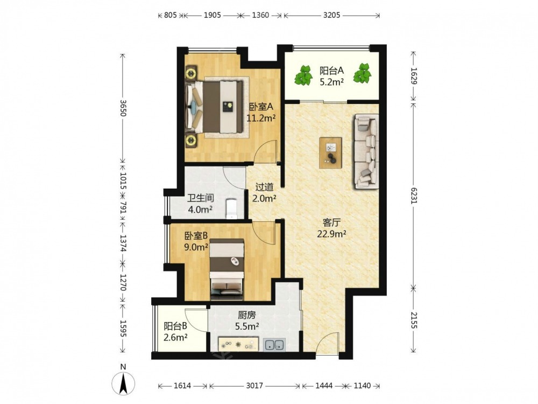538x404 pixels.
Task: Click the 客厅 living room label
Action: point(331,222)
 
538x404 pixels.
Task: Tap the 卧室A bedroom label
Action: point(261,107)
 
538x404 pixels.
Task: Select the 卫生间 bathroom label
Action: point(201,198)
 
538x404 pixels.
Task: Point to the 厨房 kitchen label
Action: point(247,315)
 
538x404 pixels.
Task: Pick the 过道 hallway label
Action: point(265,187)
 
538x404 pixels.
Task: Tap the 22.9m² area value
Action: point(331,234)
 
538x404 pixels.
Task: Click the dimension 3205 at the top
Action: point(332,15)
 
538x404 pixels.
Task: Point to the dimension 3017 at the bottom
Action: point(254,386)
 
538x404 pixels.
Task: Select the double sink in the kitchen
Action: point(274,345)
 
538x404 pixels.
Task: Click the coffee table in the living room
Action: point(330,152)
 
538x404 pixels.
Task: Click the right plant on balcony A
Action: point(362,73)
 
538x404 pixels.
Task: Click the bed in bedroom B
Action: point(227,267)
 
